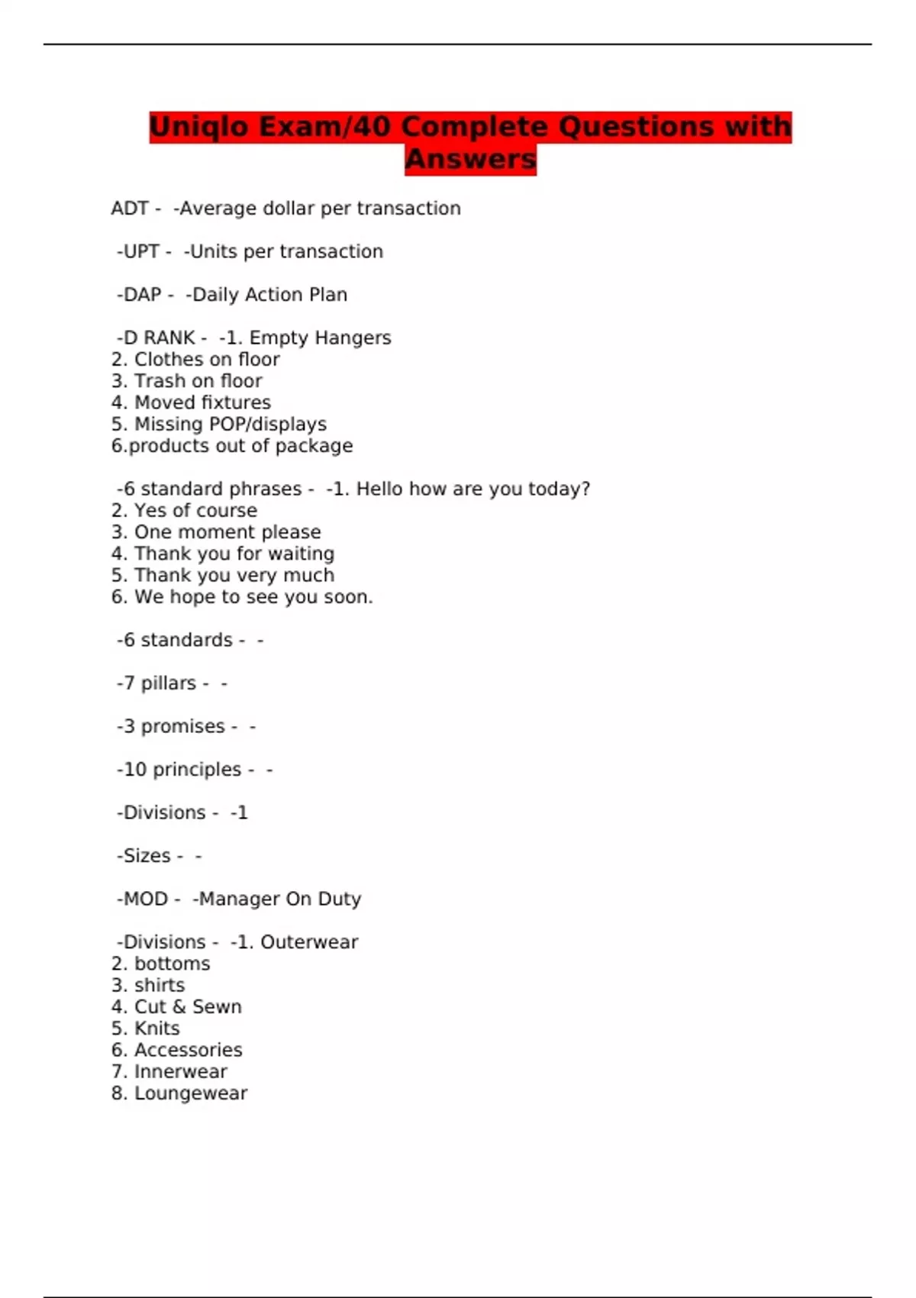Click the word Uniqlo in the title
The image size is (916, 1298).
pos(198,127)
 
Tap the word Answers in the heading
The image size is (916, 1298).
pos(470,160)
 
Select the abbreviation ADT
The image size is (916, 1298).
pos(129,208)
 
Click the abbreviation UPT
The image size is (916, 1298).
pos(141,251)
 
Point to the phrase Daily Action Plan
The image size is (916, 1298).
pos(269,295)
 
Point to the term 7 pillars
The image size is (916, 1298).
pos(160,683)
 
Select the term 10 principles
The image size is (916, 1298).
pos(182,770)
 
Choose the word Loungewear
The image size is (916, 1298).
pos(191,1093)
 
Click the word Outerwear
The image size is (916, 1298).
pos(309,942)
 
